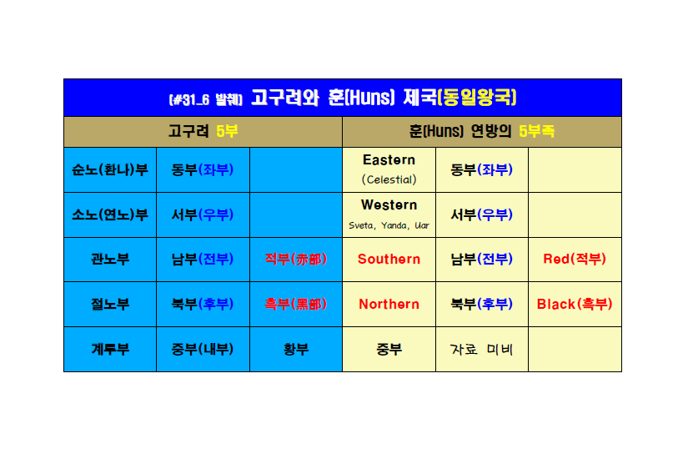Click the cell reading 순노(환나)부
(110, 169)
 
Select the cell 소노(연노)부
(110, 215)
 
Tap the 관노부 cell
(110, 260)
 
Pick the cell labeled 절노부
(110, 305)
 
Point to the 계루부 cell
(110, 349)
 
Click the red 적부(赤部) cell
(296, 260)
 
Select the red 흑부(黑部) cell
(296, 305)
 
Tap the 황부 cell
(296, 349)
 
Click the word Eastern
(389, 160)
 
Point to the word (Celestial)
(389, 179)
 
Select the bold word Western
(389, 204)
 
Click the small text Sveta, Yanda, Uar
(389, 225)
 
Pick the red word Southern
(389, 260)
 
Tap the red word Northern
(389, 305)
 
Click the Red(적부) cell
(575, 260)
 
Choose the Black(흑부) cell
(575, 305)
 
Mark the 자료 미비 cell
(482, 349)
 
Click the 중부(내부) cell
(203, 349)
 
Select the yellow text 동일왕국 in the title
(477, 97)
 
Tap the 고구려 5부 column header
(203, 131)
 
